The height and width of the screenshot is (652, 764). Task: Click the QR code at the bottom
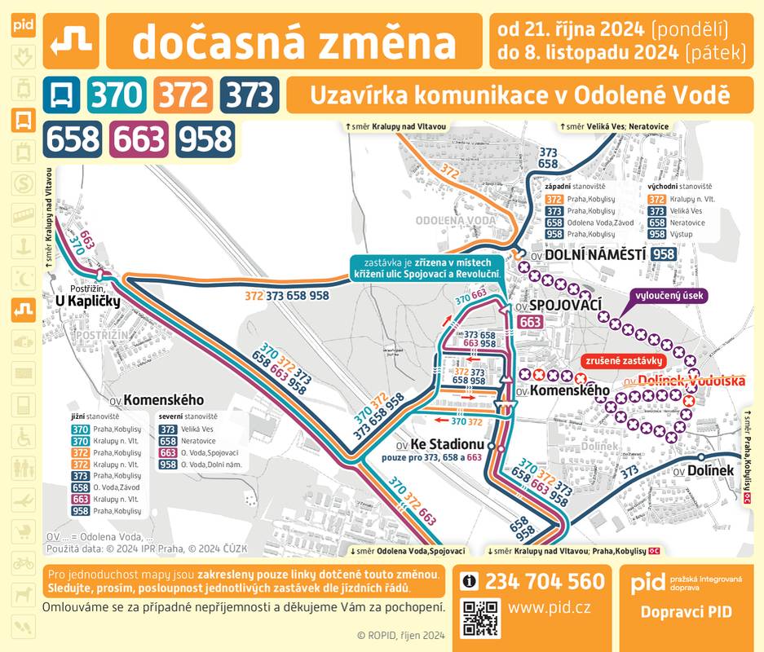[x=480, y=617]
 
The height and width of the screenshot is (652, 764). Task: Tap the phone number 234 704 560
[x=545, y=581]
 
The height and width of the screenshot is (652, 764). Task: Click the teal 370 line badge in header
[x=117, y=96]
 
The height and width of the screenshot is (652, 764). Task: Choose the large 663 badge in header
[x=139, y=139]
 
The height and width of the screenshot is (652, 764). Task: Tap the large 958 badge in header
[x=205, y=139]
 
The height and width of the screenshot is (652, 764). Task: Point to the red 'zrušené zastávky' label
[x=624, y=359]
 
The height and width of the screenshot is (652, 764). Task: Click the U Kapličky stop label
[x=87, y=302]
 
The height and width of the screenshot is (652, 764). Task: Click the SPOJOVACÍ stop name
[x=565, y=305]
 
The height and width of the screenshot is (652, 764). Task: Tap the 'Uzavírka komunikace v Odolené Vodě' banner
[x=519, y=95]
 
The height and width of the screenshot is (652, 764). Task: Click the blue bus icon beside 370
[x=62, y=96]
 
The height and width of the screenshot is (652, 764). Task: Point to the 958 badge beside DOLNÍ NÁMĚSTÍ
[x=664, y=254]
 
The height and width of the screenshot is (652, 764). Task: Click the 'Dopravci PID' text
[x=685, y=611]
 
